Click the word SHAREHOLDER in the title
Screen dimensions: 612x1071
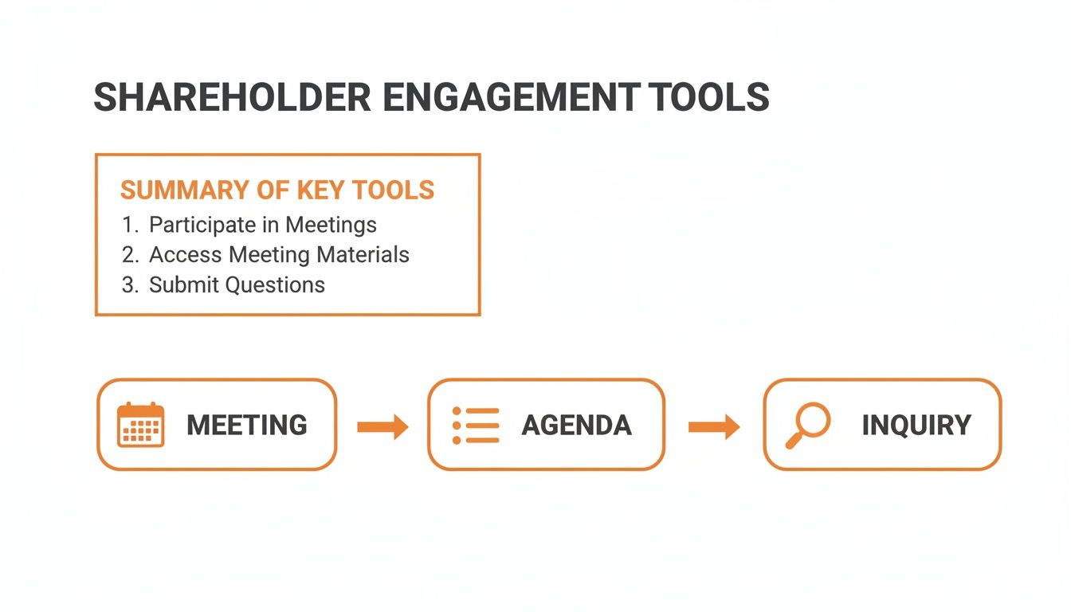click(x=232, y=97)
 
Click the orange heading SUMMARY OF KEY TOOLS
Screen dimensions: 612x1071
click(x=277, y=190)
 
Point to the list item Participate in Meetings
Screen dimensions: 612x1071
click(x=263, y=225)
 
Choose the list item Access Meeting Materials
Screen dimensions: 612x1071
click(x=279, y=255)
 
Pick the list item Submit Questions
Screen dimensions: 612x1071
click(x=237, y=285)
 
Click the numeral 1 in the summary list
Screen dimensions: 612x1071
click(x=127, y=225)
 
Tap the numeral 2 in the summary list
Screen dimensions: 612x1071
click(x=129, y=255)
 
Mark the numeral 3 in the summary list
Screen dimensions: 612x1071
click(x=129, y=285)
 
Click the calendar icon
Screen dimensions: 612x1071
click(x=141, y=425)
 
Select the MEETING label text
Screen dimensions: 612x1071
click(x=246, y=426)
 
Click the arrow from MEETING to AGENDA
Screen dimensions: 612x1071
click(x=382, y=427)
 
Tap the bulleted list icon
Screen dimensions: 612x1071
click(x=476, y=425)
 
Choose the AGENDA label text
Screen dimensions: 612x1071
click(x=576, y=426)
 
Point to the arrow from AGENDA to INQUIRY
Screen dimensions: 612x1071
click(x=714, y=427)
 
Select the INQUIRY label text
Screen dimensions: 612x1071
click(x=916, y=426)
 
